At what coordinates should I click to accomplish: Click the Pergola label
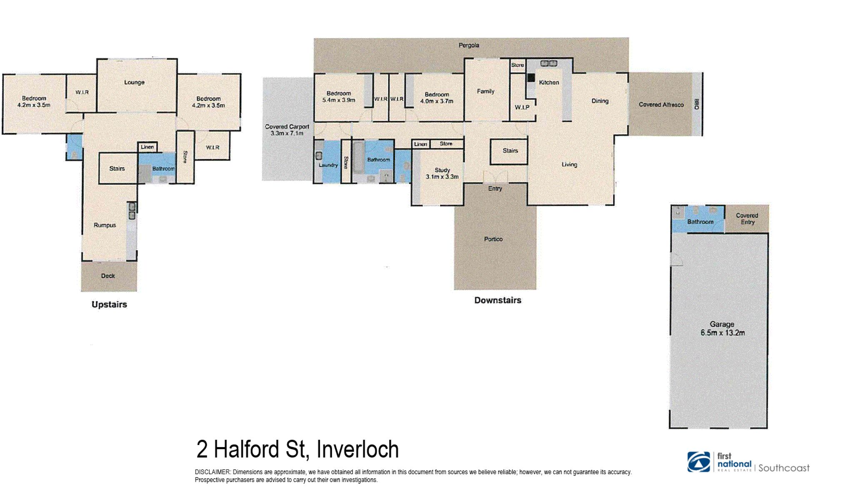click(x=469, y=45)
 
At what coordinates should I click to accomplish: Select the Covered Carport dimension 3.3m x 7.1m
click(x=287, y=133)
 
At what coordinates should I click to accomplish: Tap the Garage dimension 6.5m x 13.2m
click(x=722, y=333)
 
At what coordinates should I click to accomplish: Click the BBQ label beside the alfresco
click(x=696, y=104)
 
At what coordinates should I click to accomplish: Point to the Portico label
click(x=493, y=239)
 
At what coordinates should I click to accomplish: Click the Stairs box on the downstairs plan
click(x=510, y=151)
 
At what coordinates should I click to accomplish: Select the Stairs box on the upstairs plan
click(x=117, y=169)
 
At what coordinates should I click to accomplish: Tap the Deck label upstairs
click(x=108, y=276)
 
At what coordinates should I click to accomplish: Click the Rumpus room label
click(x=105, y=225)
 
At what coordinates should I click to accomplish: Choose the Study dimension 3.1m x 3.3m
click(x=442, y=177)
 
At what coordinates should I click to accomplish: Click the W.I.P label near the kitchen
click(x=522, y=107)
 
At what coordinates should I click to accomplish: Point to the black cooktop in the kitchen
click(x=531, y=77)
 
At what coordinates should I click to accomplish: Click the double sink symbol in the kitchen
click(x=548, y=64)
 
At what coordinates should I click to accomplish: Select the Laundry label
click(x=328, y=165)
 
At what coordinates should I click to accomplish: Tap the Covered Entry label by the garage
click(x=747, y=219)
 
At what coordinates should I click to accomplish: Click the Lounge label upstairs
click(x=134, y=82)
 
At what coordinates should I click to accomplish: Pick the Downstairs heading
click(x=497, y=300)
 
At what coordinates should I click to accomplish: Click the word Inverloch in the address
click(x=357, y=450)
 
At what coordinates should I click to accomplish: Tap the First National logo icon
click(x=699, y=462)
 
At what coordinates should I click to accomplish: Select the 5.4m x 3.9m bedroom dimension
click(x=339, y=100)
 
